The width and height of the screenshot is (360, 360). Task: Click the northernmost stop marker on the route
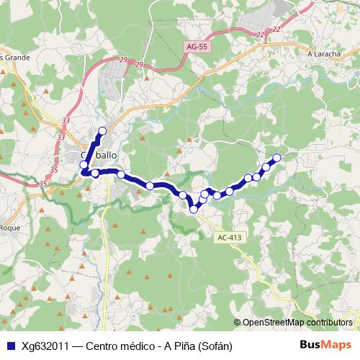coord(102,130)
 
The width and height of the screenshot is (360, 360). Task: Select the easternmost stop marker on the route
coord(276,158)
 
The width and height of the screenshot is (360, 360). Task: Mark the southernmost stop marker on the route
coord(194,209)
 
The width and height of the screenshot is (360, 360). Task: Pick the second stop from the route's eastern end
coord(266,167)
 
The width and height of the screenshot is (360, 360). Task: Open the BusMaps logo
coord(325,345)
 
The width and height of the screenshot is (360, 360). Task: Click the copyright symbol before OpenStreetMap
coord(238,323)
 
